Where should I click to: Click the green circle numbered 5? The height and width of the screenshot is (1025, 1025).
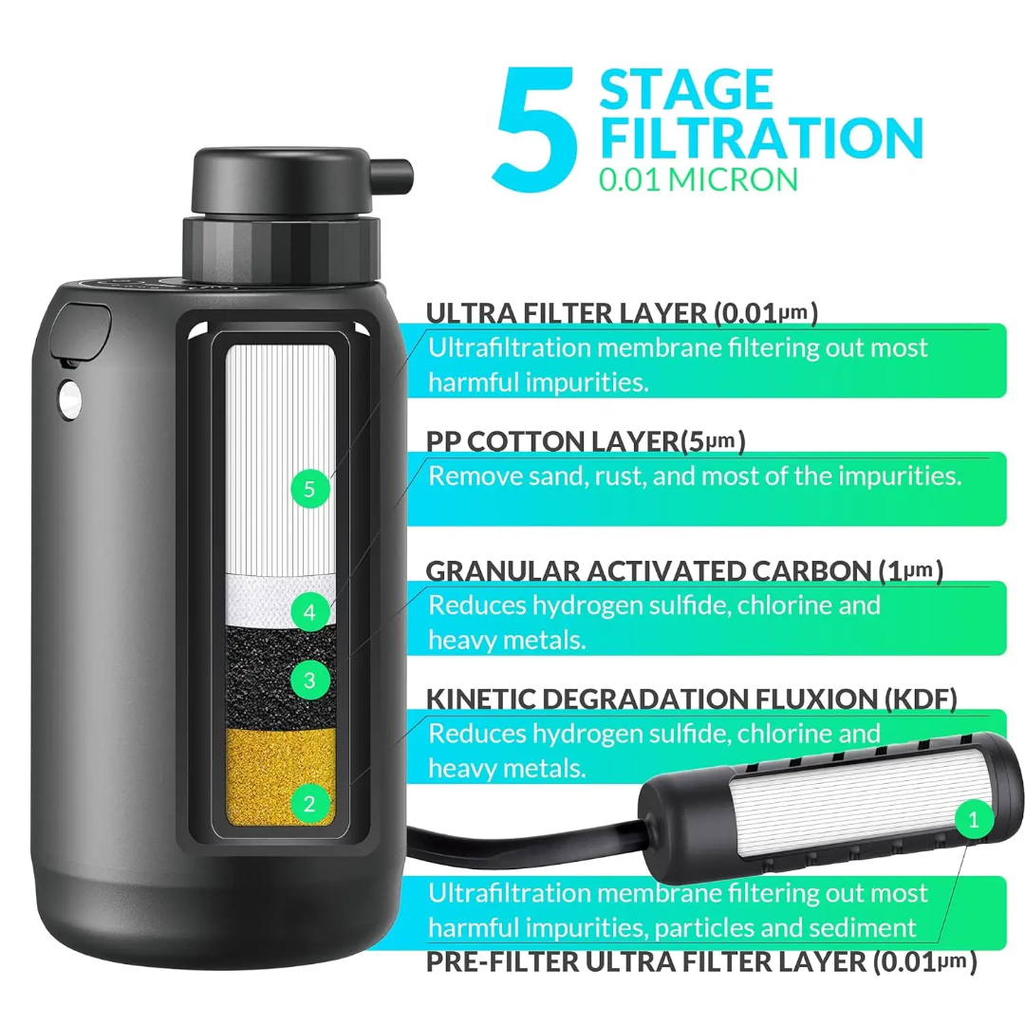coord(309,490)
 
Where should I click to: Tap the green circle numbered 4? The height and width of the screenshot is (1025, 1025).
coord(309,612)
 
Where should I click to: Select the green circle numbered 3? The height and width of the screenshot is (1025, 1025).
coord(309,679)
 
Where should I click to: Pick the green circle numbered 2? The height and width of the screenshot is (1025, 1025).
coord(309,805)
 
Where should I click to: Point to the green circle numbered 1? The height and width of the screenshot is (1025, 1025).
coord(972,816)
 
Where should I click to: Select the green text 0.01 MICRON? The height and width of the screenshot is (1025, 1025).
coord(699,179)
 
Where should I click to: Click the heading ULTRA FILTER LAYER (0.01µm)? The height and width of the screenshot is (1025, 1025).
coord(622,313)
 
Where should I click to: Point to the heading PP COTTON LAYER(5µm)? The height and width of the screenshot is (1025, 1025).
coord(586,441)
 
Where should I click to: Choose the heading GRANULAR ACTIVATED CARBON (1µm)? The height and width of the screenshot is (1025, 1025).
coord(683,570)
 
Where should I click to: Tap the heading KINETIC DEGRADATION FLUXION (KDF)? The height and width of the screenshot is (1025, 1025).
coord(691,699)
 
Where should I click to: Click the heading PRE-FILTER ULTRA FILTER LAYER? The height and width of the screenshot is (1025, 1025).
coord(701,961)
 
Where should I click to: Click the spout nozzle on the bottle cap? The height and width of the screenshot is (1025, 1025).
coord(397,174)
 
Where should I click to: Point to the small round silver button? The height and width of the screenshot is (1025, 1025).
coord(67,400)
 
